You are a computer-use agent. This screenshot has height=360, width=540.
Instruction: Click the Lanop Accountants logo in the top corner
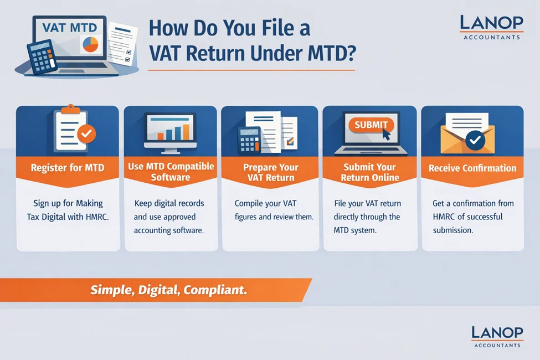pyautogui.click(x=491, y=27)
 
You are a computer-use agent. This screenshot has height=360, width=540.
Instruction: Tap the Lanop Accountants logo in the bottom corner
pyautogui.click(x=497, y=336)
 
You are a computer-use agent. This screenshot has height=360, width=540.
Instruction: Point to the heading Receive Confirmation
pyautogui.click(x=472, y=168)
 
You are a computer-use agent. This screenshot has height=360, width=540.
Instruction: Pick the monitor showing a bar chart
pyautogui.click(x=170, y=131)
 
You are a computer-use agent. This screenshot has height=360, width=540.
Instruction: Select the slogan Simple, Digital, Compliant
pyautogui.click(x=169, y=289)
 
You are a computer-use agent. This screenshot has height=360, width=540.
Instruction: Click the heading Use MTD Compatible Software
pyautogui.click(x=170, y=172)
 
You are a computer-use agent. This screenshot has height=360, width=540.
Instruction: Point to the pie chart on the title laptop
pyautogui.click(x=90, y=44)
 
